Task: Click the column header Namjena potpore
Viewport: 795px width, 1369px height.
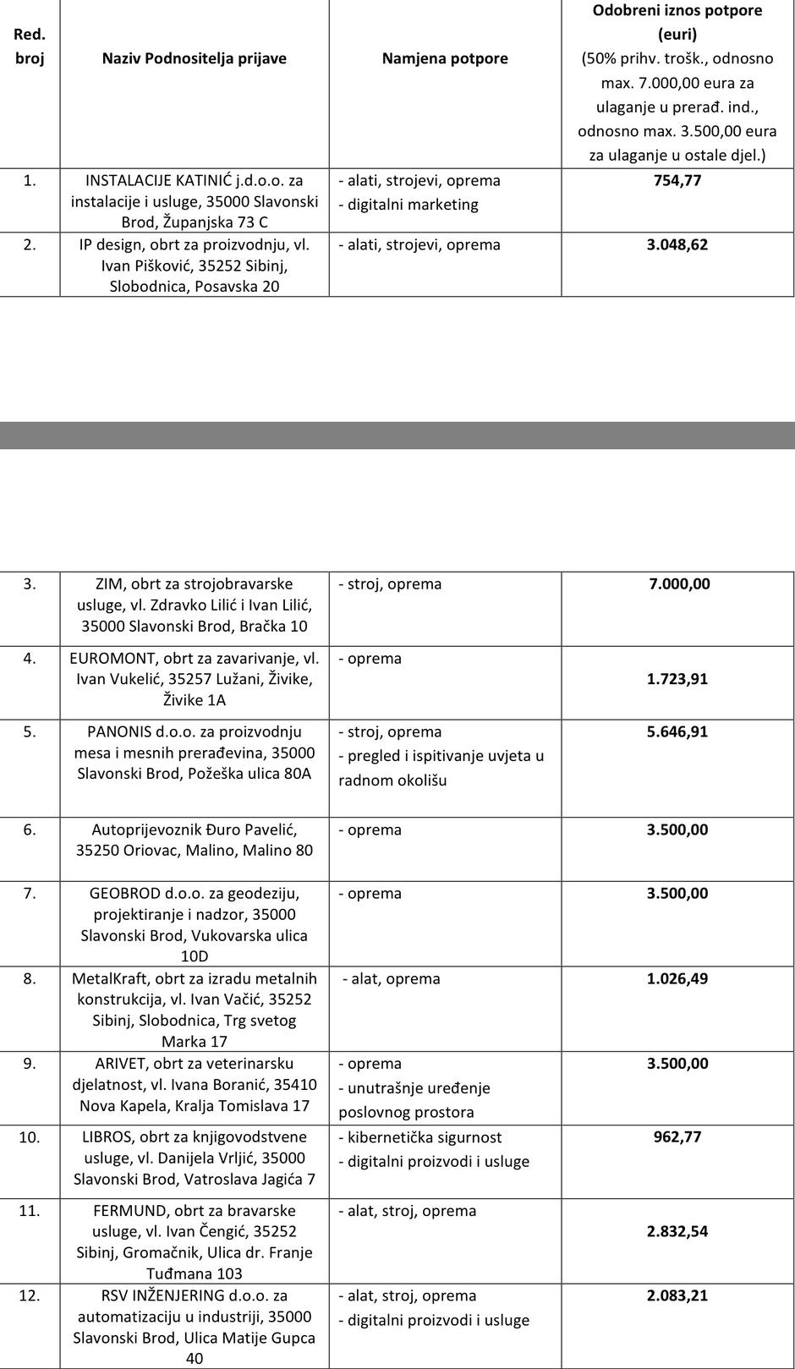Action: (x=445, y=58)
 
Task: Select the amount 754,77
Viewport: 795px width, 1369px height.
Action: (x=677, y=180)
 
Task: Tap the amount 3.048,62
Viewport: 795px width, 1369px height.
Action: (x=677, y=244)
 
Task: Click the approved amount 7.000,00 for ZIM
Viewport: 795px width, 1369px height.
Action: (x=677, y=583)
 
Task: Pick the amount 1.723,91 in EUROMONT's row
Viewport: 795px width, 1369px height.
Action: (x=677, y=679)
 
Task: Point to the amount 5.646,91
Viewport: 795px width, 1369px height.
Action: (x=677, y=731)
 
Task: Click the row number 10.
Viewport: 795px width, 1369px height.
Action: (x=30, y=1137)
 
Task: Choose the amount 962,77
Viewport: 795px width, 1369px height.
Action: (x=677, y=1136)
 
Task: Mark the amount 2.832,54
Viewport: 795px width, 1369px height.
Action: (x=677, y=1231)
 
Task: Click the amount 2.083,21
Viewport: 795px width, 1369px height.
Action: (x=677, y=1295)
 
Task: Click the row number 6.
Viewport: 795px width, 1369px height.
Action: (x=30, y=830)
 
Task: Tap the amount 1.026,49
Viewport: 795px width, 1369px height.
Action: (x=677, y=978)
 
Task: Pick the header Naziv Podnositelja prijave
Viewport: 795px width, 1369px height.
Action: (x=195, y=58)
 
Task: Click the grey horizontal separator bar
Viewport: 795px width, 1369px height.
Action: (x=397, y=435)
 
